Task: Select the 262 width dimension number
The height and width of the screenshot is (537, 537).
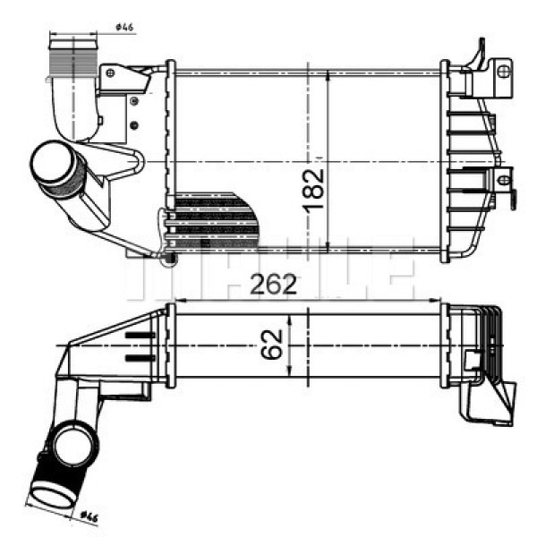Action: coord(272,284)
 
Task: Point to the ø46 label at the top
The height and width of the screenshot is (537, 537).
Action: coord(124,27)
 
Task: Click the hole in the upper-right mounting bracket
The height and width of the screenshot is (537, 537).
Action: coord(504,69)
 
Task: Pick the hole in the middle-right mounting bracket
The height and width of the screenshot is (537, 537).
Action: coord(503,179)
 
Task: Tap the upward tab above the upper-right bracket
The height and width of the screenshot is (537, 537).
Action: coord(481,49)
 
